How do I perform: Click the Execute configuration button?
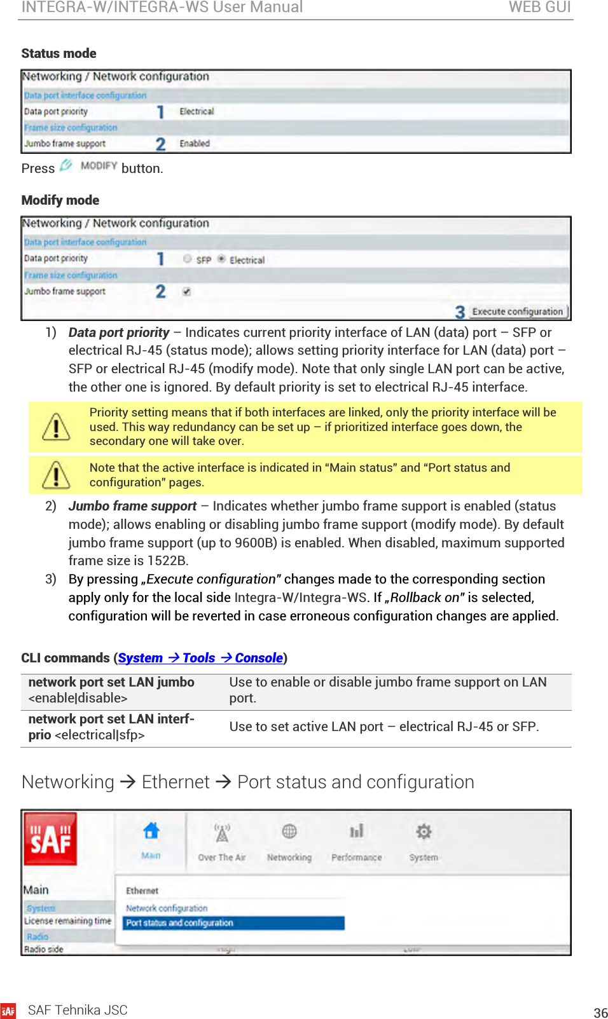pos(517,311)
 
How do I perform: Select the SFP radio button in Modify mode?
pos(187,259)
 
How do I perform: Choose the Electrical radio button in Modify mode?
pos(221,259)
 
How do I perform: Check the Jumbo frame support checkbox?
pos(186,291)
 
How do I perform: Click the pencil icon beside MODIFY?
pos(66,165)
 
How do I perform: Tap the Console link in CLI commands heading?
pos(258,658)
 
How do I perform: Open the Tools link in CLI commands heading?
pos(198,658)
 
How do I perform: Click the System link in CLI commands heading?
pos(140,658)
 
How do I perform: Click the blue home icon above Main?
pos(151,831)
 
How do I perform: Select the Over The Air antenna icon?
pos(222,833)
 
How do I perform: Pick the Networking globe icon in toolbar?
pos(289,831)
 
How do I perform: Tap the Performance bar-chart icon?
pos(356,831)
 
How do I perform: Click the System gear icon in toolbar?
pos(424,831)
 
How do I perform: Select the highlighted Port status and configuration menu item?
pos(233,923)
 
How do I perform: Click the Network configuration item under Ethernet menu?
pos(167,908)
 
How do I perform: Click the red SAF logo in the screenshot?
pos(50,839)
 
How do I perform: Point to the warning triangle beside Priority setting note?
pos(56,427)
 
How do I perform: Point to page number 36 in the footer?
pos(600,1013)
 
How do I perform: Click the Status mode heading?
pos(59,53)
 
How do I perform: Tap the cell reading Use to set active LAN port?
pos(384,727)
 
